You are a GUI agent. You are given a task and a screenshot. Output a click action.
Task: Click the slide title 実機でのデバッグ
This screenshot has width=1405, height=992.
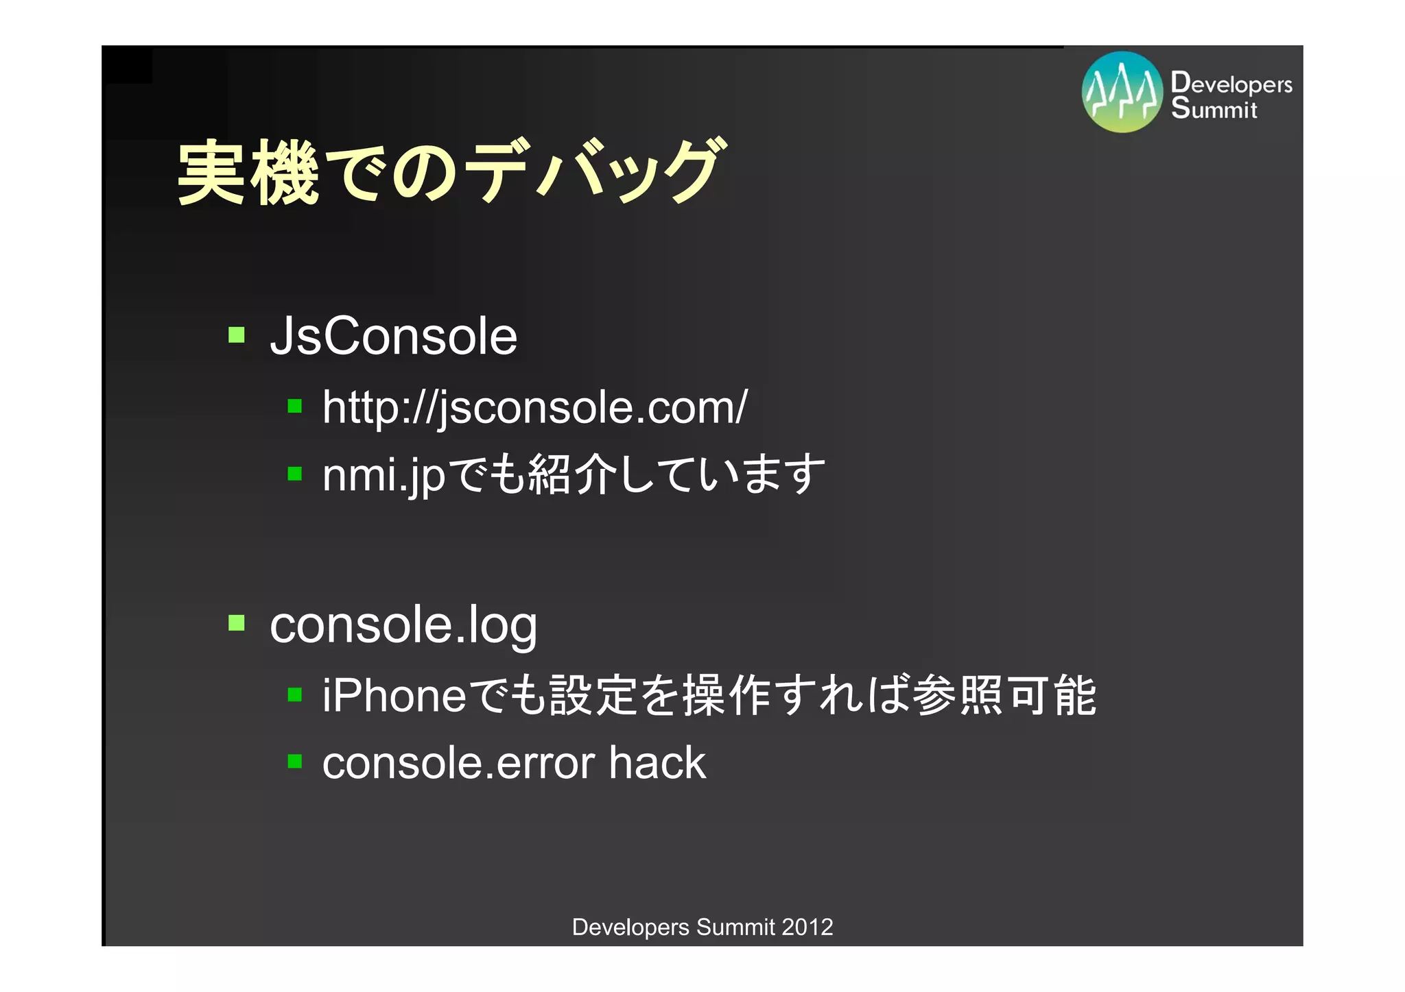click(x=449, y=171)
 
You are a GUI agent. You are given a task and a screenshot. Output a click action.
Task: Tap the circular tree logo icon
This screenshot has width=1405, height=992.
click(x=1122, y=93)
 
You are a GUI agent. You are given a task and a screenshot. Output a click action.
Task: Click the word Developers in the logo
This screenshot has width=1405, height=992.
click(x=1231, y=83)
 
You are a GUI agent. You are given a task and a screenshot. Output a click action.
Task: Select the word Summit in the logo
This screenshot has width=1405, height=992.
click(x=1214, y=108)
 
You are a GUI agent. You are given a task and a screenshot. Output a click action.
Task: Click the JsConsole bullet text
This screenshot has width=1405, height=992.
click(x=393, y=336)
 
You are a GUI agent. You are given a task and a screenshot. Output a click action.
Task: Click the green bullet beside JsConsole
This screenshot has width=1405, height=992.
click(x=237, y=335)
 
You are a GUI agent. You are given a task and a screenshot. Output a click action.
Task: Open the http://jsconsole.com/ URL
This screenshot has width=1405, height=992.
click(x=534, y=407)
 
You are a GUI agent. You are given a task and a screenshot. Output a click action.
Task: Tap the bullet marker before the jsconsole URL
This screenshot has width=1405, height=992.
click(x=295, y=406)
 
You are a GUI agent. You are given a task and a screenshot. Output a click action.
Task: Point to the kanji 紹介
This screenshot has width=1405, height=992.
click(x=572, y=474)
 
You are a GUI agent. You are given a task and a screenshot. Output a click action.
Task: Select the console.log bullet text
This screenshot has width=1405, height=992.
click(x=403, y=625)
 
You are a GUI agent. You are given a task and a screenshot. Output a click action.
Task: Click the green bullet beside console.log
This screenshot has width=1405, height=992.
click(x=237, y=622)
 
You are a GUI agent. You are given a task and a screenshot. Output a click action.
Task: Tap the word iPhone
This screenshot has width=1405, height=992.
click(x=395, y=695)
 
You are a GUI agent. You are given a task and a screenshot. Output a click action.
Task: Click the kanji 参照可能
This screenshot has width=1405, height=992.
click(x=1004, y=695)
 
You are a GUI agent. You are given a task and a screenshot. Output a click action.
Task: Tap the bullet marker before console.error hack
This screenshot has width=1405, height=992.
click(x=295, y=761)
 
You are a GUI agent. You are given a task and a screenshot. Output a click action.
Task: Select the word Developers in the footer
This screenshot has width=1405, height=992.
click(x=630, y=927)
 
